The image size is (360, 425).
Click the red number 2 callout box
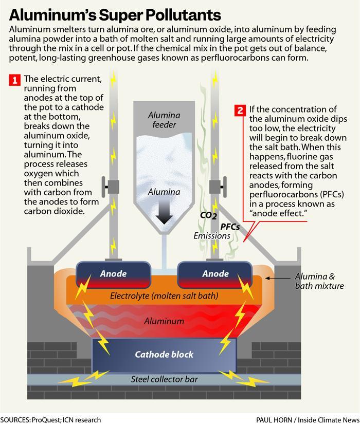pos(240,110)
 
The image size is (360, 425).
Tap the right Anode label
pos(215,274)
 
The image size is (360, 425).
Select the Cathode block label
pos(165,355)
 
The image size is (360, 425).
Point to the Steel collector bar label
pos(165,380)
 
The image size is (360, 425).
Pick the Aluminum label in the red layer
pos(164,321)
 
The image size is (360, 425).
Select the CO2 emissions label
pos(208,215)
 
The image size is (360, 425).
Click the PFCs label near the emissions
pos(230,226)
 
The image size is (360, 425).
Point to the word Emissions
pos(212,236)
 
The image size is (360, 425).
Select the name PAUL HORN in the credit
pos(275,420)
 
